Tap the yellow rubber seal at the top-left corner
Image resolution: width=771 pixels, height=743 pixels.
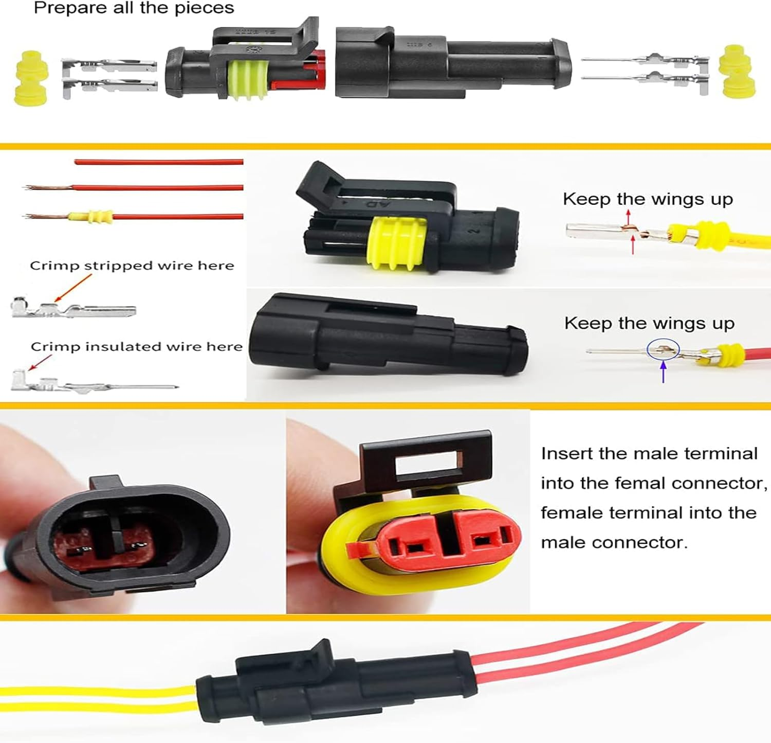pos(31,78)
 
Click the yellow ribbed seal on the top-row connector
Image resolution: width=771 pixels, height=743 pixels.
pos(248,80)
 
